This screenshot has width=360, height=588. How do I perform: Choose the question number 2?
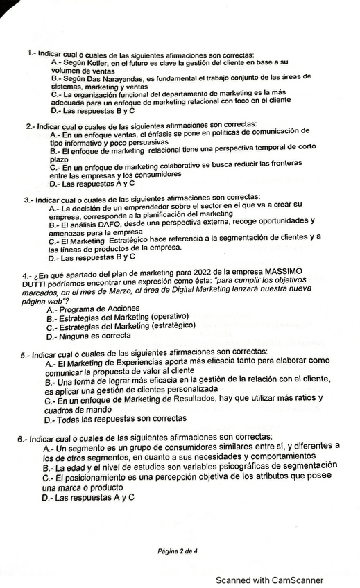point(29,126)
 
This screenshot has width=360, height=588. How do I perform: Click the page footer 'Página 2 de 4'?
point(178,551)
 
